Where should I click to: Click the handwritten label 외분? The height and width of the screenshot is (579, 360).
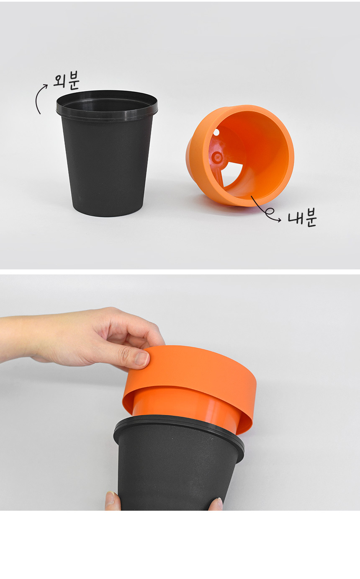[67, 80]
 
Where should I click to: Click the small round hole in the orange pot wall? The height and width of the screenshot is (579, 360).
[216, 132]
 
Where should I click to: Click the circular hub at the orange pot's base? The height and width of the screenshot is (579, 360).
[217, 157]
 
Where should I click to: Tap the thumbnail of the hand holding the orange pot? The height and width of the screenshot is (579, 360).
[142, 359]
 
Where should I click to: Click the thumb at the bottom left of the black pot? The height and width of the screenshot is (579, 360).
[113, 500]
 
